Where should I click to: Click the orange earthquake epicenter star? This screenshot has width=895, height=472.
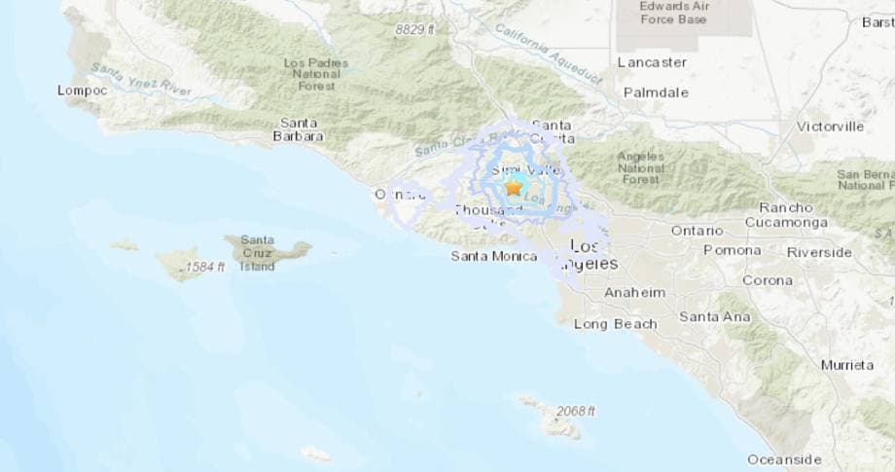pyautogui.click(x=513, y=188)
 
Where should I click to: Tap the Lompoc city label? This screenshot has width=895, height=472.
pyautogui.click(x=82, y=91)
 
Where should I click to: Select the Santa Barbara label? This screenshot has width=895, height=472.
pyautogui.click(x=301, y=129)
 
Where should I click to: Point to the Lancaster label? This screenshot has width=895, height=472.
pyautogui.click(x=652, y=62)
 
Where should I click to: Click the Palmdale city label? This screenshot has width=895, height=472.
pyautogui.click(x=657, y=92)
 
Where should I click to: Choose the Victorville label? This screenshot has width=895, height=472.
pyautogui.click(x=830, y=127)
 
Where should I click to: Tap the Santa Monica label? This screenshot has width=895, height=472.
pyautogui.click(x=493, y=256)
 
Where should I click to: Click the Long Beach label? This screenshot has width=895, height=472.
pyautogui.click(x=615, y=324)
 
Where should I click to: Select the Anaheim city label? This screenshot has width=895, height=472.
pyautogui.click(x=634, y=293)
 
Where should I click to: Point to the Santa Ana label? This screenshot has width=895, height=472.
pyautogui.click(x=714, y=316)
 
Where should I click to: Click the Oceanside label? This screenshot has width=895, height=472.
pyautogui.click(x=784, y=459)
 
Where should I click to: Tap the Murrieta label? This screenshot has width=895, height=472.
pyautogui.click(x=846, y=365)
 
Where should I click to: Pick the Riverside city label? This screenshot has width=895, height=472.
pyautogui.click(x=819, y=252)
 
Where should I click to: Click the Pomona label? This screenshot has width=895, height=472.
pyautogui.click(x=733, y=250)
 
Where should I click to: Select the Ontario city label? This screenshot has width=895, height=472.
pyautogui.click(x=697, y=231)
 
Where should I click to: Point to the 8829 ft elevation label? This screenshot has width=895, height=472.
pyautogui.click(x=414, y=30)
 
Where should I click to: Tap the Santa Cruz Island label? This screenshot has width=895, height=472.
pyautogui.click(x=258, y=253)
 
